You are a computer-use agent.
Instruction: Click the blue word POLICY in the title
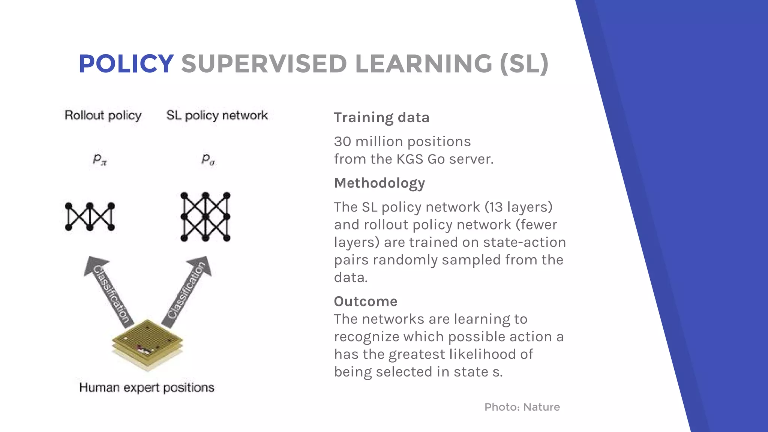[x=126, y=64]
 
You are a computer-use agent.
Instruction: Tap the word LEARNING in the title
[x=423, y=64]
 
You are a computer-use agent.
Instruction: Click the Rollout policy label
[x=103, y=115]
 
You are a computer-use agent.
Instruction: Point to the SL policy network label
[x=217, y=115]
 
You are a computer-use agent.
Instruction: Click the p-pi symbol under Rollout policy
[x=100, y=159]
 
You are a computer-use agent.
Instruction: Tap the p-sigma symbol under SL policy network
[x=208, y=159]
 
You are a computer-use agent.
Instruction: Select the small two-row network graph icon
[x=90, y=217]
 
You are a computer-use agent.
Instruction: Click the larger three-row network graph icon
[x=205, y=217]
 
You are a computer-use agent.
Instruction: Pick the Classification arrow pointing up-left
[x=109, y=291]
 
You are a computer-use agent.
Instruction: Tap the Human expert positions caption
[x=147, y=387]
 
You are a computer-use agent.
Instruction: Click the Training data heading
[x=381, y=117]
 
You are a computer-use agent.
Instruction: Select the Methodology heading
[x=379, y=183]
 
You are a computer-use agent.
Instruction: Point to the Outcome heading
[x=366, y=301]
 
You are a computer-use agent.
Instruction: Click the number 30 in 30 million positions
[x=342, y=142]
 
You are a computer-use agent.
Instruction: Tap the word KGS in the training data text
[x=410, y=159]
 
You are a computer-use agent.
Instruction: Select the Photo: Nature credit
[x=522, y=407]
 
